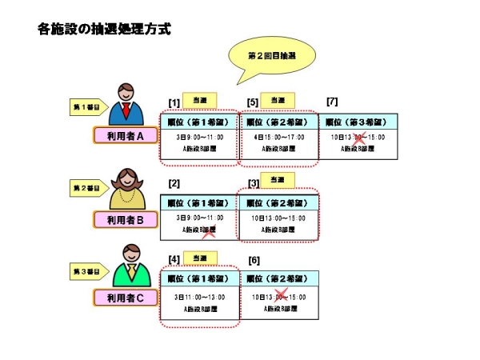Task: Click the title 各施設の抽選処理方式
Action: [x=103, y=30]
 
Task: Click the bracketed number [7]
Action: [x=332, y=102]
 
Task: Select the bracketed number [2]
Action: [x=174, y=184]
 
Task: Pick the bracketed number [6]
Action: [x=254, y=261]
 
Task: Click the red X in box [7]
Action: [x=361, y=139]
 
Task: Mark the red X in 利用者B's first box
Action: [x=210, y=232]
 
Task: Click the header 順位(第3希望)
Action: [x=358, y=122]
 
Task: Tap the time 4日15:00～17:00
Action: [x=279, y=138]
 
